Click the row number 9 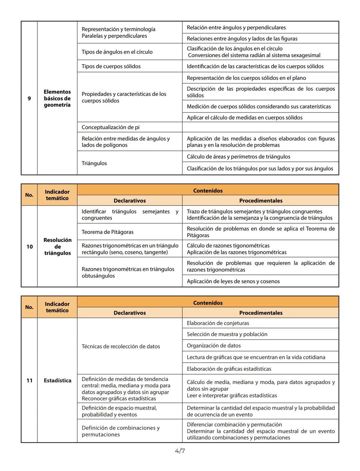tap(29, 98)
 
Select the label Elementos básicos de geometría tap(57, 98)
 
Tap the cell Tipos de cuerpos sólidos tap(111, 66)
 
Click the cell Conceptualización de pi tap(111, 127)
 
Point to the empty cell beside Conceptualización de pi tap(260, 127)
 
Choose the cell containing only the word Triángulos tap(94, 163)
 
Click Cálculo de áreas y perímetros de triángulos tap(238, 157)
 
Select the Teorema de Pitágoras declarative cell tap(108, 232)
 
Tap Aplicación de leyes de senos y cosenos tap(233, 281)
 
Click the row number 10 tap(30, 247)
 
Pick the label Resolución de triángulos tap(57, 247)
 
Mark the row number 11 tap(30, 380)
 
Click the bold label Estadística tap(57, 380)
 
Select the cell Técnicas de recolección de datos tap(121, 346)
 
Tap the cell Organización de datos tap(214, 346)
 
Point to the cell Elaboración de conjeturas tap(218, 323)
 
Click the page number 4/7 tap(180, 451)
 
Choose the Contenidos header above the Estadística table tap(208, 303)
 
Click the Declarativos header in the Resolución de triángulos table tap(130, 201)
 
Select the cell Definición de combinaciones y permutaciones tap(121, 431)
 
